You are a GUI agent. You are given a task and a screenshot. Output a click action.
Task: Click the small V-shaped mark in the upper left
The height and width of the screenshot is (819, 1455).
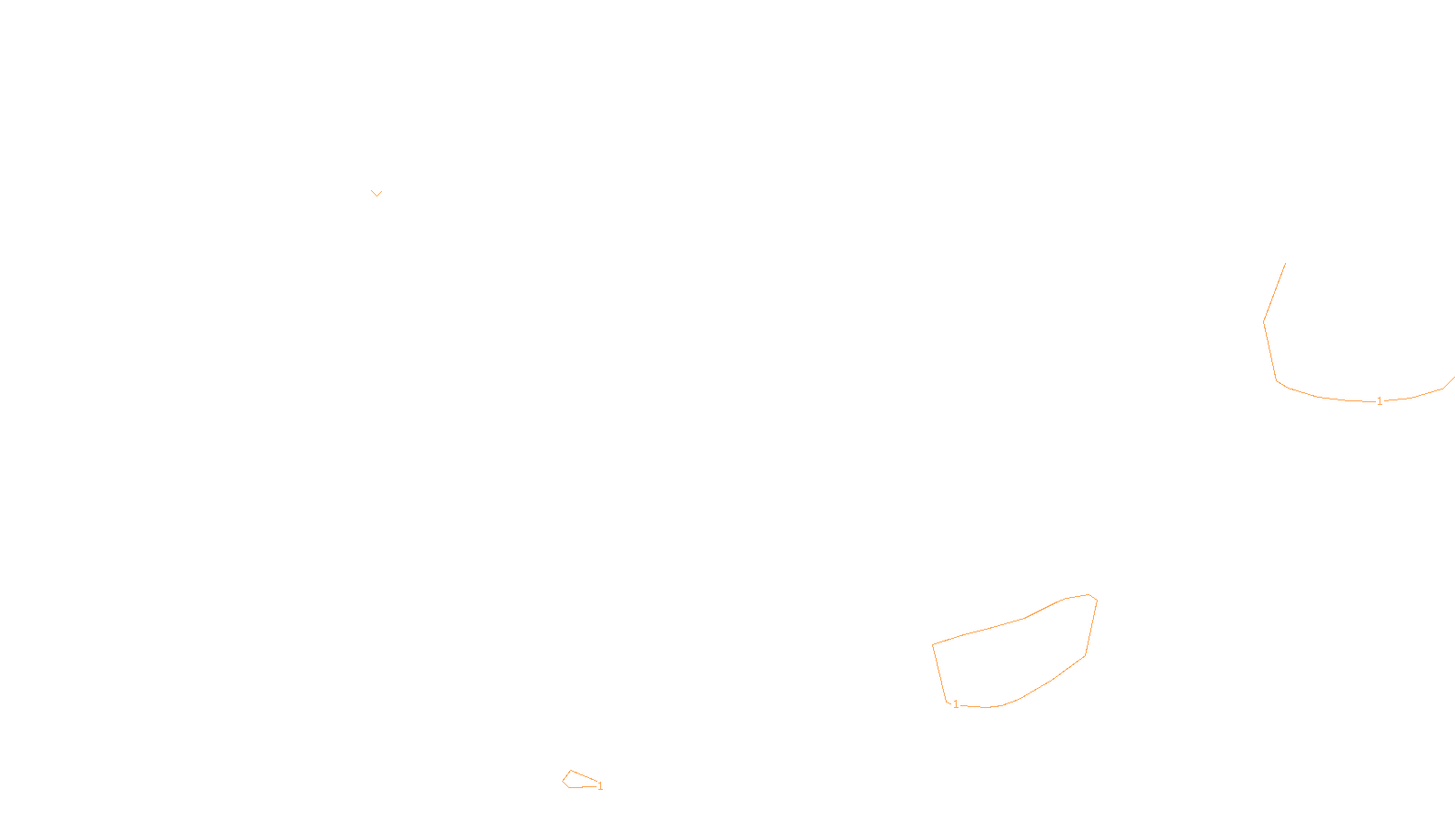(x=376, y=193)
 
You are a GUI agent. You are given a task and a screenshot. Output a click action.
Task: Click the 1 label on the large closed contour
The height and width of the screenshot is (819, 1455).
(x=956, y=704)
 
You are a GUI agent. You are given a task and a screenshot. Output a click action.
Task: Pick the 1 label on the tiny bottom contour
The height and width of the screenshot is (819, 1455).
(x=600, y=786)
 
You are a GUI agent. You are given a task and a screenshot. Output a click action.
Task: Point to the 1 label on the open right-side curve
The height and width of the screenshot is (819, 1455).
(x=1380, y=401)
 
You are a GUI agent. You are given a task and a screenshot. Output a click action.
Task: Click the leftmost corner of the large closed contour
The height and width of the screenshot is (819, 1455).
(x=933, y=645)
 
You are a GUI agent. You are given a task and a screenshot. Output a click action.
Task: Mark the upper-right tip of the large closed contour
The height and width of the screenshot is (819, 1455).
(x=1089, y=595)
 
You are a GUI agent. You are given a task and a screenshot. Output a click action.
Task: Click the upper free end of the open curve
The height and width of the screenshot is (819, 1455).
(x=1285, y=264)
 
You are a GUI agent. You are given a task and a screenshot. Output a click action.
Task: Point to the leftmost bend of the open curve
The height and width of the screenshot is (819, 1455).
(x=1264, y=321)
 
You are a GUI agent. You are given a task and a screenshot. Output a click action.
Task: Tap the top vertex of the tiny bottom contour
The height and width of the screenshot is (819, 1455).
(x=571, y=771)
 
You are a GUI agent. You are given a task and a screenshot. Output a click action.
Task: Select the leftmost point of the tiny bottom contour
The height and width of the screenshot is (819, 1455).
(x=563, y=781)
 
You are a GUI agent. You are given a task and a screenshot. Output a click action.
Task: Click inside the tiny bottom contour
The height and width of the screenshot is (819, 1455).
(x=577, y=781)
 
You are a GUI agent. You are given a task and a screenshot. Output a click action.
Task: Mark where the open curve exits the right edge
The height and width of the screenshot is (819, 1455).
(x=1453, y=378)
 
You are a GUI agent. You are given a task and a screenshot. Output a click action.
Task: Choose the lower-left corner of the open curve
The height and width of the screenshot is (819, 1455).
(x=1277, y=380)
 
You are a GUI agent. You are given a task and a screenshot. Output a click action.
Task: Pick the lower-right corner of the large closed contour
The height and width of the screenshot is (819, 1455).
(x=1085, y=655)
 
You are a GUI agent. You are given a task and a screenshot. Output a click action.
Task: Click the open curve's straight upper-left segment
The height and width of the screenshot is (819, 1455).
(x=1274, y=293)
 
